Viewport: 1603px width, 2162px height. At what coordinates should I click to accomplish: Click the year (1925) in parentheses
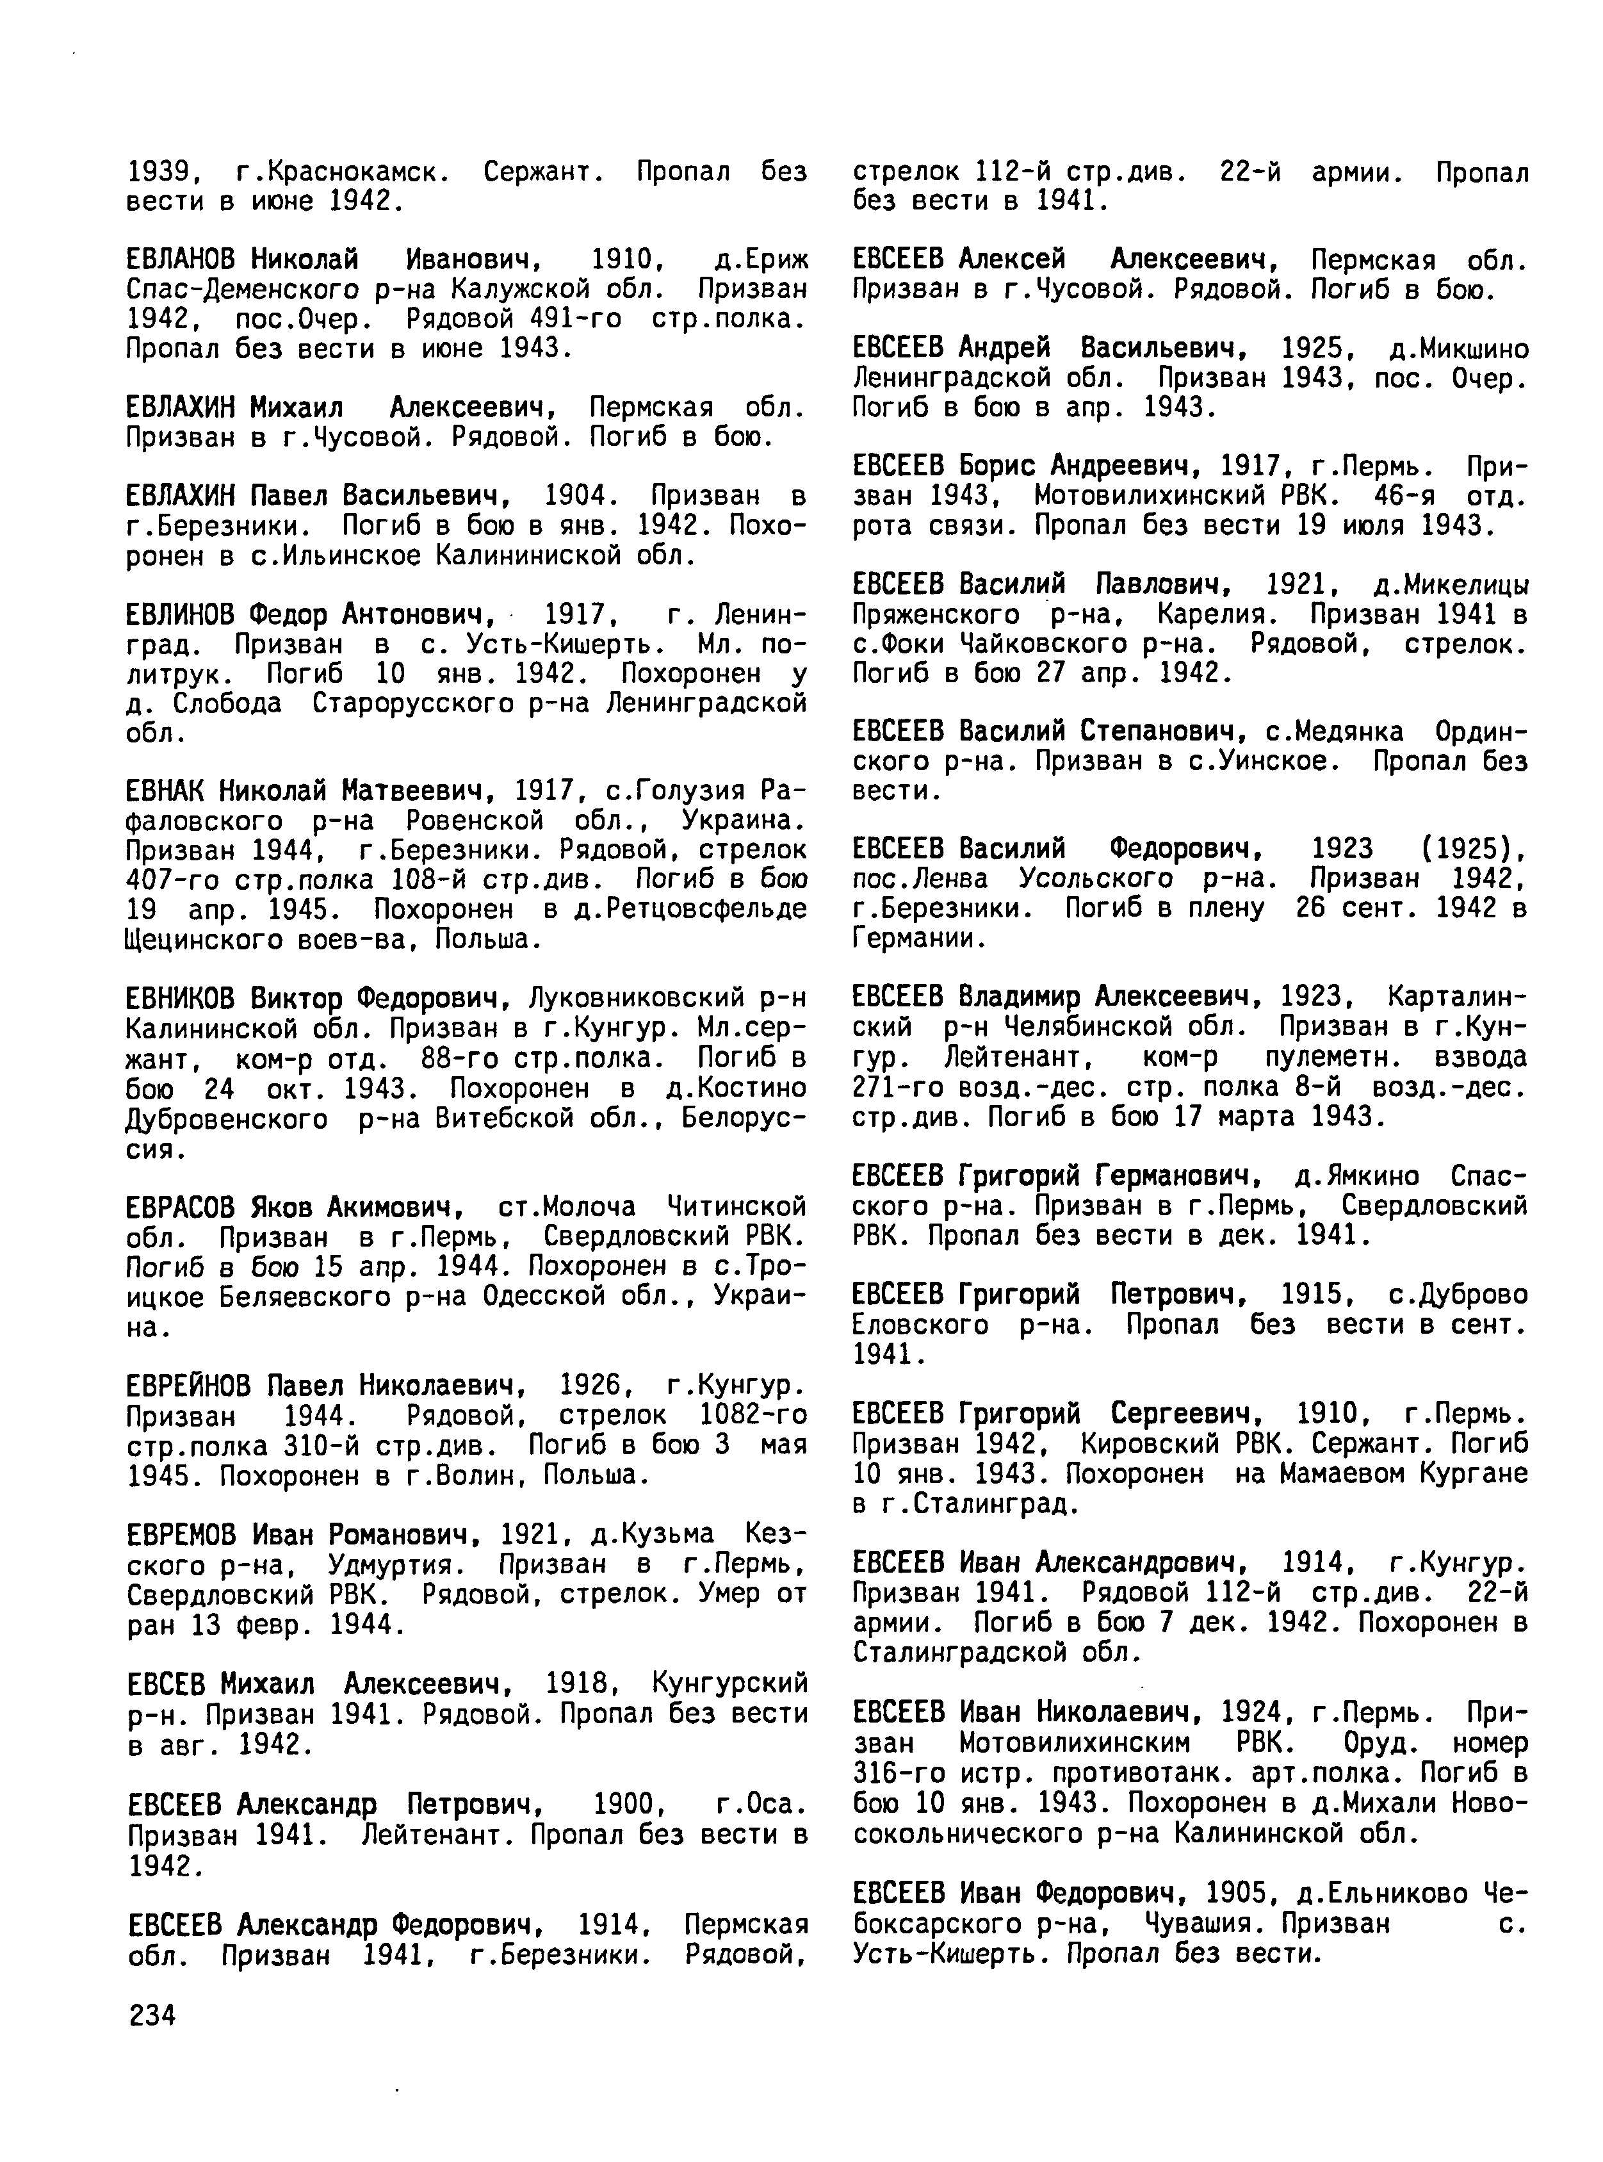1474,850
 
